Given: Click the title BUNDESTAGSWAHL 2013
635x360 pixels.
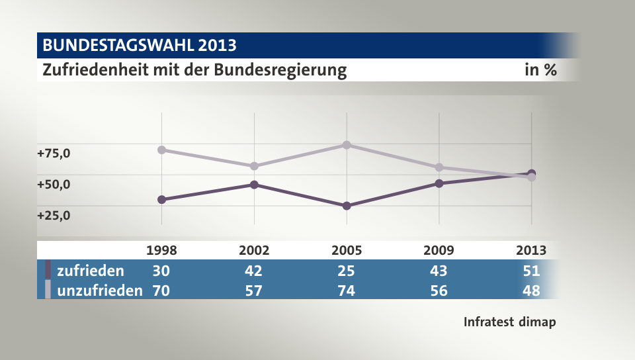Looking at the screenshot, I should pyautogui.click(x=139, y=46).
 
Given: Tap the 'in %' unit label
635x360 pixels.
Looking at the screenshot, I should pyautogui.click(x=540, y=70).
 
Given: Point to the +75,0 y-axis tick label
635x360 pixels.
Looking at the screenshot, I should pyautogui.click(x=54, y=154).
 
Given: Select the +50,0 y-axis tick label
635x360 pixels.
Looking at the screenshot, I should pyautogui.click(x=54, y=185).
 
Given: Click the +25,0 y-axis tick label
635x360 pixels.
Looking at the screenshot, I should pyautogui.click(x=54, y=215).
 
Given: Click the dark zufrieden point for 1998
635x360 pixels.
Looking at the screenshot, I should pyautogui.click(x=161, y=199).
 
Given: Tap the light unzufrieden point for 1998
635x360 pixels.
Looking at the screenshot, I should pyautogui.click(x=161, y=150).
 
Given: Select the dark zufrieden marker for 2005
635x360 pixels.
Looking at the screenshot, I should pyautogui.click(x=347, y=206).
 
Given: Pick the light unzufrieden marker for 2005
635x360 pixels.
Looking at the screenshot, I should pyautogui.click(x=347, y=145).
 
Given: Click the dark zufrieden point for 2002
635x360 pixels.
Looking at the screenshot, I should pyautogui.click(x=254, y=185).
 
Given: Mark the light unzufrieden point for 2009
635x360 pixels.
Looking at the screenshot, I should pyautogui.click(x=439, y=167).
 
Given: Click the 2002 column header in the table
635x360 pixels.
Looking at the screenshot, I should pyautogui.click(x=254, y=250).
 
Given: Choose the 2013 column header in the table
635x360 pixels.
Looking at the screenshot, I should pyautogui.click(x=531, y=250).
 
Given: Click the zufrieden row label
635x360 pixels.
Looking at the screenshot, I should pyautogui.click(x=90, y=271).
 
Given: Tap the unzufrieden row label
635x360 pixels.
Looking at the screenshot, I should pyautogui.click(x=99, y=290).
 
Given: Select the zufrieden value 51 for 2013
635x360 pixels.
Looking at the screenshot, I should pyautogui.click(x=531, y=271).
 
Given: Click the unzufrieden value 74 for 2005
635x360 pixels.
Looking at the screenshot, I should pyautogui.click(x=347, y=290).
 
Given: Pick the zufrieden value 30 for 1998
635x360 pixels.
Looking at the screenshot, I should pyautogui.click(x=161, y=271).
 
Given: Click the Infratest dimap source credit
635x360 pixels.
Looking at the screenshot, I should pyautogui.click(x=509, y=322).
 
